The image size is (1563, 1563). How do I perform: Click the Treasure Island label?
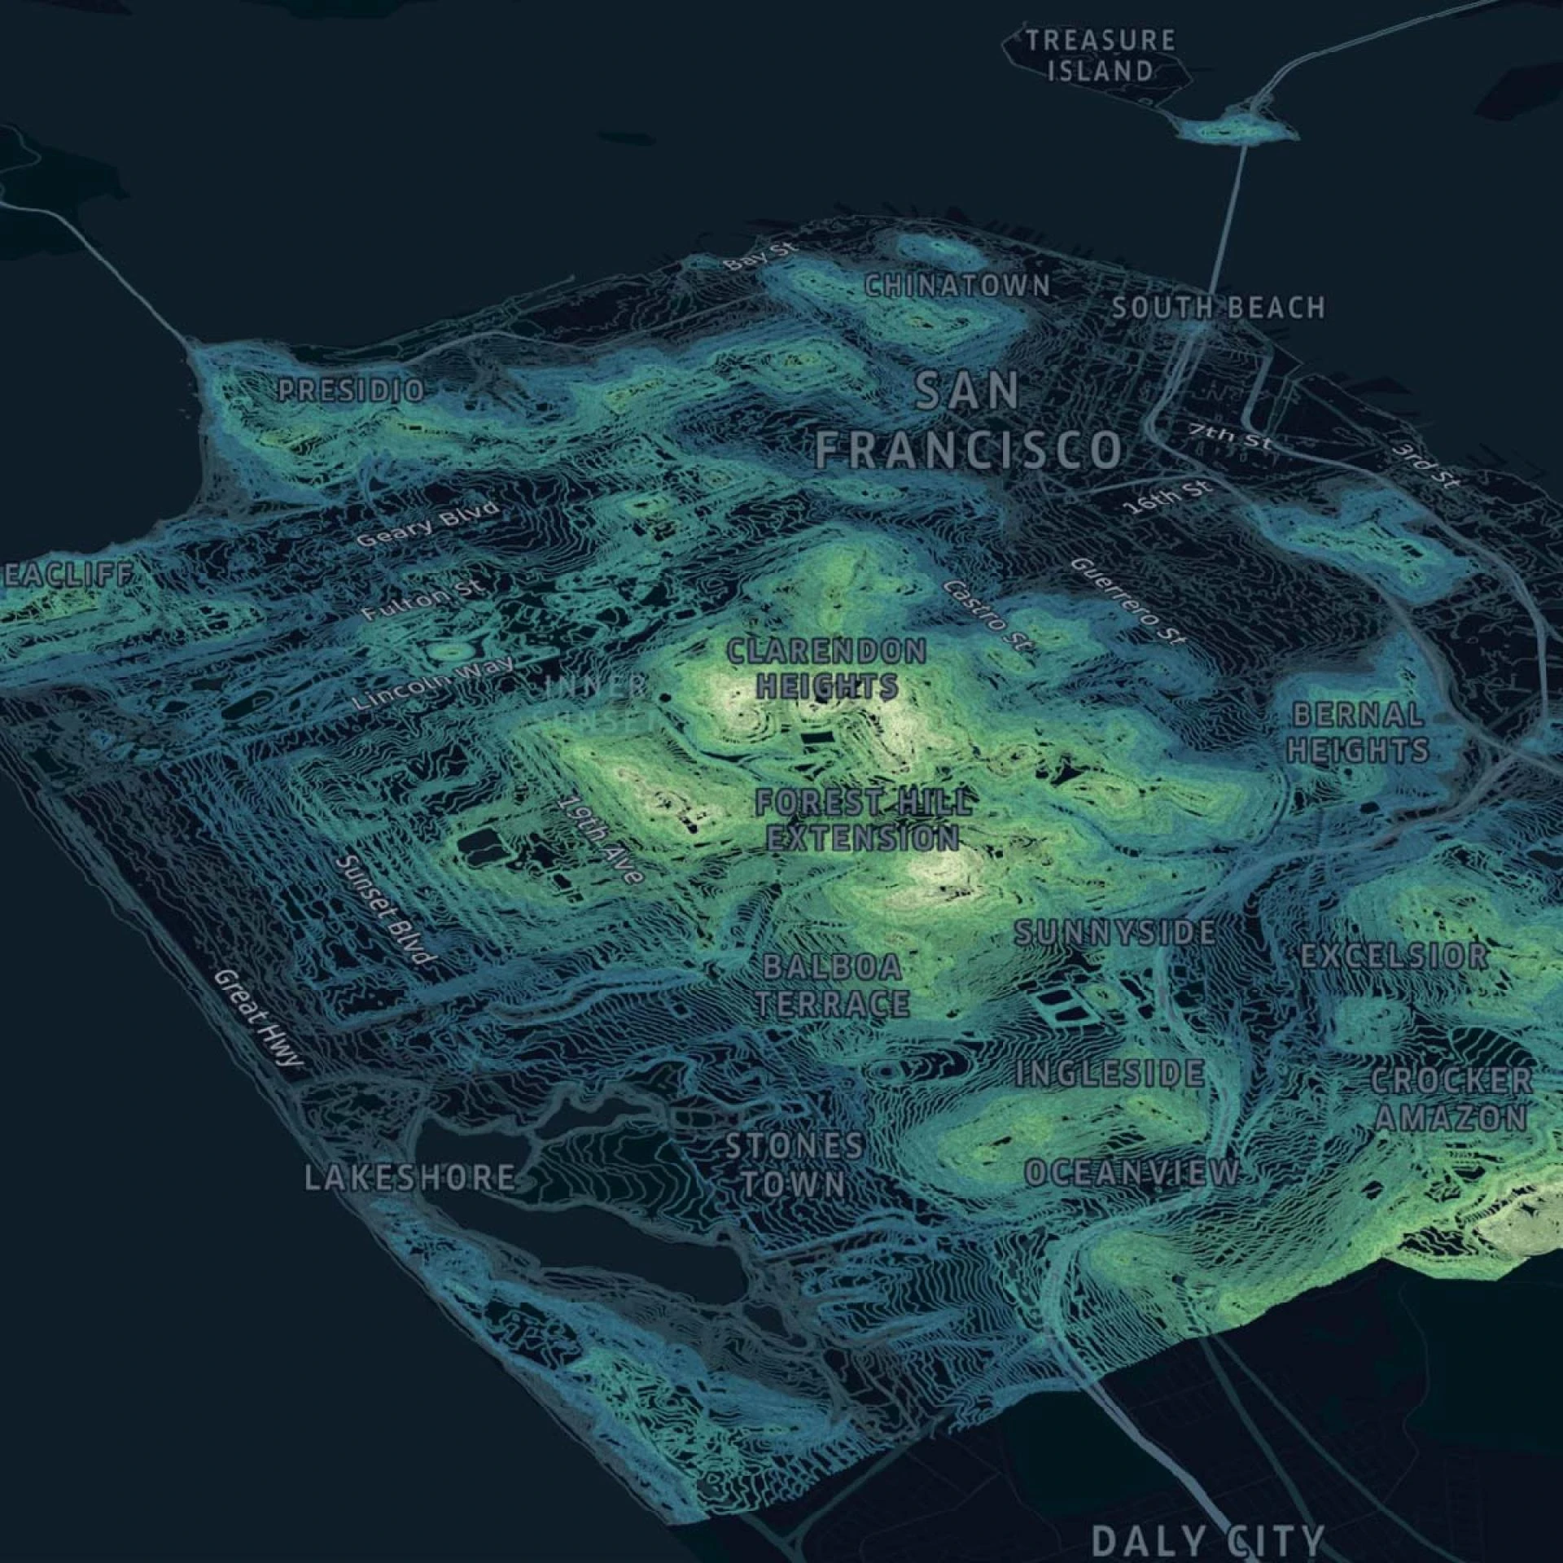1100,55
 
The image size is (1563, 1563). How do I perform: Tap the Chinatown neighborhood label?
957,286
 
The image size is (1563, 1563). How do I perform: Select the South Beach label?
1218,308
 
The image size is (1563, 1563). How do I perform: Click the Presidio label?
351,391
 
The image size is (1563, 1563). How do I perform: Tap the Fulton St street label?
424,600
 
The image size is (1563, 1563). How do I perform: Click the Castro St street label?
987,616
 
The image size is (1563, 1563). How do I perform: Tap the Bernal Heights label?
1358,733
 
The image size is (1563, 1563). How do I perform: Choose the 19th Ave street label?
601,838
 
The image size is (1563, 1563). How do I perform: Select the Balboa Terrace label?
833,986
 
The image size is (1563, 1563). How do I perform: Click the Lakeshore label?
409,1178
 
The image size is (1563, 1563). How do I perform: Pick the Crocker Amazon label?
1451,1100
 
